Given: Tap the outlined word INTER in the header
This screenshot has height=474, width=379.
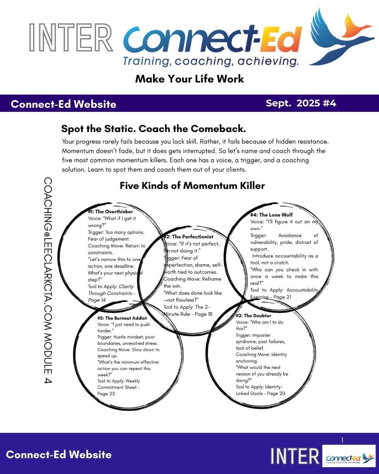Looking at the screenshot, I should coord(71,38).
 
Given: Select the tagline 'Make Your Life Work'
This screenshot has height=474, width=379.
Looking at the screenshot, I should coord(189,79).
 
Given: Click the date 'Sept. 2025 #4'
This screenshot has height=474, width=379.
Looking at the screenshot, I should coord(301,103).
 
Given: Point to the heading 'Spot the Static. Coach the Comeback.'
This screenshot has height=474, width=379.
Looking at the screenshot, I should coord(153,129).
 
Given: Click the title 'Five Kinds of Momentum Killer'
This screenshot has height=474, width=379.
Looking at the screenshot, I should coord(192,185).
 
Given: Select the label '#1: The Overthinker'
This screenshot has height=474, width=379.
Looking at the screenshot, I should coord(111,212).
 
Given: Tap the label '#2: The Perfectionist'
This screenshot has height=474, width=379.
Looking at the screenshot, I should coord(189,237).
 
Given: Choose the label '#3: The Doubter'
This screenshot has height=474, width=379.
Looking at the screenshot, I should coord(253,316).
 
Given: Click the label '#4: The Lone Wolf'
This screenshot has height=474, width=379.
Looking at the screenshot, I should coord(271,215).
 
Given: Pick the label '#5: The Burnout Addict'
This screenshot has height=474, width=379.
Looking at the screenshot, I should coord(122,318).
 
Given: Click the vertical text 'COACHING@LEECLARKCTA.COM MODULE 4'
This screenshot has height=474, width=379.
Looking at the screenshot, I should coord(48,280).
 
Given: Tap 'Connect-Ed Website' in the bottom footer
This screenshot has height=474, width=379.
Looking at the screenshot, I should coord(59,455).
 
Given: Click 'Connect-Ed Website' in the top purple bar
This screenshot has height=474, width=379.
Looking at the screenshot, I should coord(64,104).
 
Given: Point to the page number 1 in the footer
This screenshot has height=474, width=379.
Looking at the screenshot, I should coord(342,440).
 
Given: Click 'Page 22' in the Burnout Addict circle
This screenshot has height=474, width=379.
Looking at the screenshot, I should coord(106,394).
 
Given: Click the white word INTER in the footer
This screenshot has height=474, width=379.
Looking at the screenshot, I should coord(295,456).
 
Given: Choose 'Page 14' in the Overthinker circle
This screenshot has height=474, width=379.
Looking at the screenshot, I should coord(97,300).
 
